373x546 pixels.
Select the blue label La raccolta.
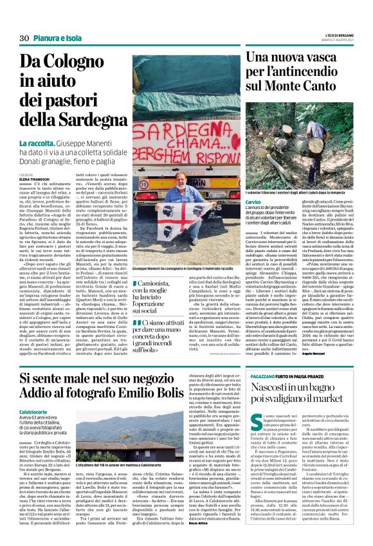tap(40, 143)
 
